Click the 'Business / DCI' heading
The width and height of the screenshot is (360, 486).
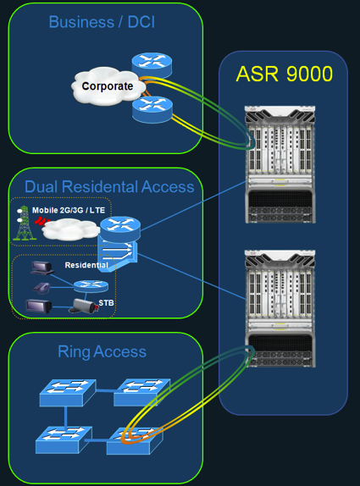tap(102, 22)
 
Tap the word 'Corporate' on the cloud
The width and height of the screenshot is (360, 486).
tap(108, 86)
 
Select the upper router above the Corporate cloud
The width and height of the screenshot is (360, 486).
tap(152, 65)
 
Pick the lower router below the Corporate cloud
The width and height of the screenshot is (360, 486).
tap(152, 109)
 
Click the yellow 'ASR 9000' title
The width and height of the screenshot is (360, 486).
tap(285, 74)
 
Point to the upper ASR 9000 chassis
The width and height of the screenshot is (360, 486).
tap(280, 164)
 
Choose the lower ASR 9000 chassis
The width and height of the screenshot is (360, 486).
tap(280, 309)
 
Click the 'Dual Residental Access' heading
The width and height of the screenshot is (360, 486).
tap(109, 186)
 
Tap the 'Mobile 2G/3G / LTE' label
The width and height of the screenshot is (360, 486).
tap(69, 210)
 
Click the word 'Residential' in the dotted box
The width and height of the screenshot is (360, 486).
tap(86, 265)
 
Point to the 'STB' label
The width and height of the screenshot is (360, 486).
tap(106, 303)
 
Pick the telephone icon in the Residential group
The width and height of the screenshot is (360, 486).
tap(42, 287)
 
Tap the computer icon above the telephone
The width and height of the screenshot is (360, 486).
tap(42, 268)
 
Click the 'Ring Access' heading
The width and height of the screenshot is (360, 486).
tap(102, 351)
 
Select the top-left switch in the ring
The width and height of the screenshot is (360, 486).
tap(68, 392)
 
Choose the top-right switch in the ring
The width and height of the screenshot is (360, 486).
tap(141, 392)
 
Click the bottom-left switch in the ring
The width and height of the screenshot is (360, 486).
tap(64, 440)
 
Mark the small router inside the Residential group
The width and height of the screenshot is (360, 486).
tap(91, 286)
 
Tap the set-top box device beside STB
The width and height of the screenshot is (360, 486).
tap(84, 306)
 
